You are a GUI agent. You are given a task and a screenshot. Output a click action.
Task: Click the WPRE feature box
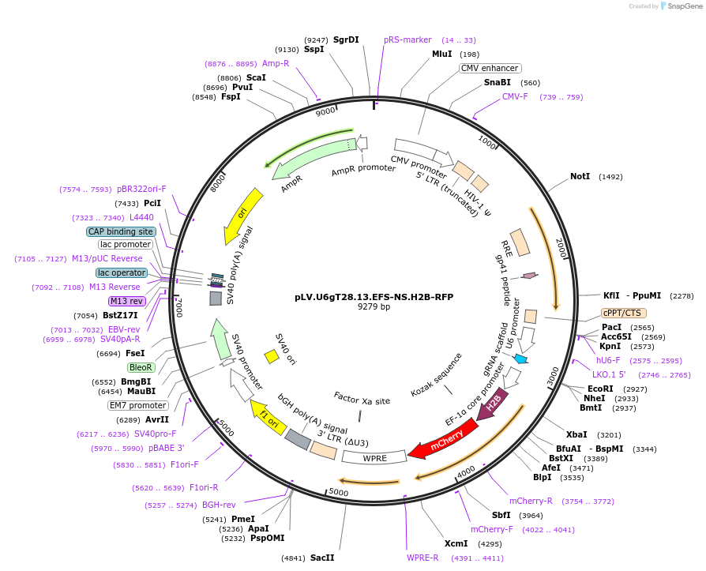click(374, 457)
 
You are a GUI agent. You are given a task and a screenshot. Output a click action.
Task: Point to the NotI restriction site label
click(580, 176)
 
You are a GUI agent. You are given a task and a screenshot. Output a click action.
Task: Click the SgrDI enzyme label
click(346, 39)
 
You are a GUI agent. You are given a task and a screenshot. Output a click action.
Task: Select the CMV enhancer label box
click(490, 69)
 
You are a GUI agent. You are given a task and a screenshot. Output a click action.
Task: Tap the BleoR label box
click(141, 367)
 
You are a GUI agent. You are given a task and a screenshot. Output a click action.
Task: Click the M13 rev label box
click(126, 301)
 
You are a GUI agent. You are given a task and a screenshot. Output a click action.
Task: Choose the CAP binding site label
click(121, 231)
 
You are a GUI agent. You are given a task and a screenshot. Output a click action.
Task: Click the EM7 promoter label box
click(137, 406)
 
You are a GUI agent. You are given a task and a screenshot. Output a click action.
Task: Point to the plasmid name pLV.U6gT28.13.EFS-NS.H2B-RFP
click(374, 298)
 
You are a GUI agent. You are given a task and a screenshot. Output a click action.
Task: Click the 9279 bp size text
click(374, 307)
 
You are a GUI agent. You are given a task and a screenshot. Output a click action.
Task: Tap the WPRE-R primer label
click(422, 558)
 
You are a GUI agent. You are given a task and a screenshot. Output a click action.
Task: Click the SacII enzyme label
click(322, 558)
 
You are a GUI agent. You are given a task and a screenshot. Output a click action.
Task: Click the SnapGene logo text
click(683, 6)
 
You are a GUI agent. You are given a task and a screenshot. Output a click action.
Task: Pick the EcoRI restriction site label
click(600, 389)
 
